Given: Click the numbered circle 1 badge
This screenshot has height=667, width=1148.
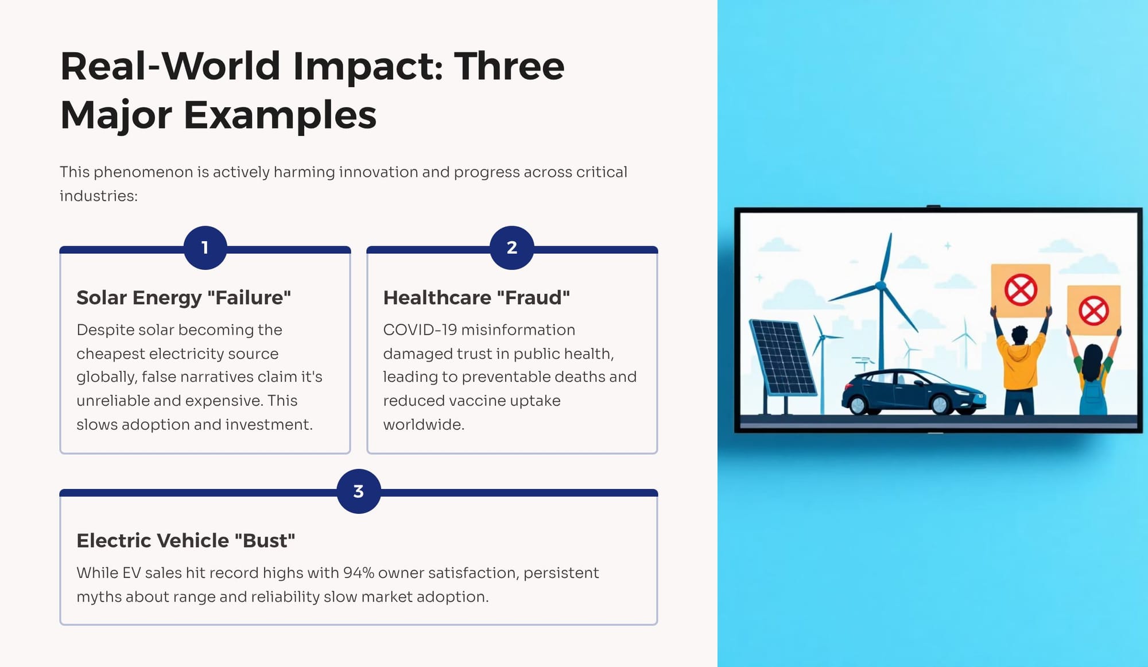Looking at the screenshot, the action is coord(205,248).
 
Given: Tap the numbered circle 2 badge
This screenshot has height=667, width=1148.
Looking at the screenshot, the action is coord(512,248).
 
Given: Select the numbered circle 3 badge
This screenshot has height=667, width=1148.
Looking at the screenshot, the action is coord(359,491).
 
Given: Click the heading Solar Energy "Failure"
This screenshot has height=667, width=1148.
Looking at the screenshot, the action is coord(184,297).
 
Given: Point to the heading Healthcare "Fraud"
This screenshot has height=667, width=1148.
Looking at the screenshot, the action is coord(476,297).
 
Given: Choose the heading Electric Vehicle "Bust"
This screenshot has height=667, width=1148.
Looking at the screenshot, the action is coord(186,540).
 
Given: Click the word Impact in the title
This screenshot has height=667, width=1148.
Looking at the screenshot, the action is coord(368,66).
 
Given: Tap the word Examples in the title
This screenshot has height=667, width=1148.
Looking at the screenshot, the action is coord(280,115).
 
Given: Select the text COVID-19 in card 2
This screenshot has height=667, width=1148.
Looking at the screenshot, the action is coord(420,330).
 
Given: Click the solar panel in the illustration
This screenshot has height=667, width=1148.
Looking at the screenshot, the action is coord(782,359).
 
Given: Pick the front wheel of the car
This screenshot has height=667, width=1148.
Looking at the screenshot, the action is coord(941,405).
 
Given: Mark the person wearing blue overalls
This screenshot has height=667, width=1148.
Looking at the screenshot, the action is coord(1093,373).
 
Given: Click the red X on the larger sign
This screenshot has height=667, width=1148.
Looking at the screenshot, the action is coord(1021,289).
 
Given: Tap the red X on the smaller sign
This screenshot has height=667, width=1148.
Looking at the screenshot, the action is coord(1093,311).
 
